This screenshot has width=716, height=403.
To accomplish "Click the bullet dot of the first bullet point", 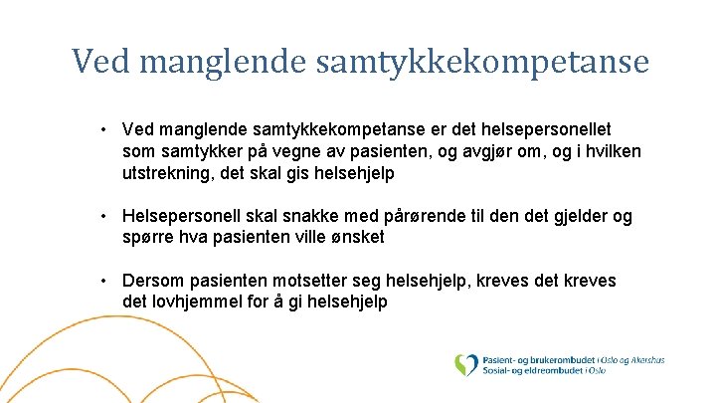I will tap(104, 129).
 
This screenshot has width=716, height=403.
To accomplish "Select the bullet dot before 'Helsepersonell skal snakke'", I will tap(104, 216).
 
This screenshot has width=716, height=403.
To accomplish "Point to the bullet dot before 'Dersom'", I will tap(104, 282).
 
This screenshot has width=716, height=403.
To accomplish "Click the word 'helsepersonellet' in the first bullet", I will tap(549, 129).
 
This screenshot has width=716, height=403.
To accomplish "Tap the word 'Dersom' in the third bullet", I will tap(154, 282).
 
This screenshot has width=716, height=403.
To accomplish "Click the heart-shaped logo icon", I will tap(465, 365).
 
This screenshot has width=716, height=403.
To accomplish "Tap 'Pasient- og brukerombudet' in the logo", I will tap(538, 359).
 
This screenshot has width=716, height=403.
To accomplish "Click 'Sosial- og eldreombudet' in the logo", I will tap(533, 372).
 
